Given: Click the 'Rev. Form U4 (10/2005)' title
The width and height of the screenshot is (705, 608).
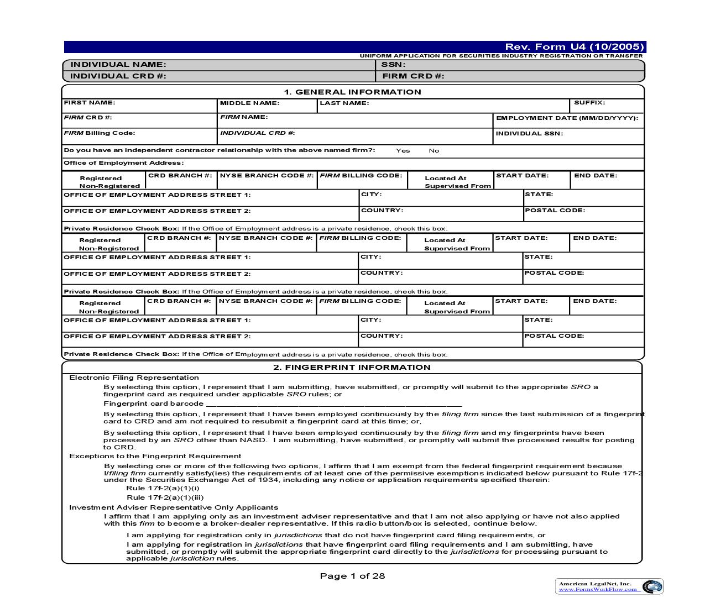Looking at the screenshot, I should click(x=575, y=47).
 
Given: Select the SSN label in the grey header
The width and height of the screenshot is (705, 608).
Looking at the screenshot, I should click(x=394, y=65).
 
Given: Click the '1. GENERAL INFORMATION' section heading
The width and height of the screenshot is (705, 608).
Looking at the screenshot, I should click(x=352, y=92).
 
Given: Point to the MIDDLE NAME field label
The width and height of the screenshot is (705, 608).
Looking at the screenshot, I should click(x=249, y=103).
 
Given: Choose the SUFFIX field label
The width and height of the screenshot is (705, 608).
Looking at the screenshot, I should click(x=589, y=103).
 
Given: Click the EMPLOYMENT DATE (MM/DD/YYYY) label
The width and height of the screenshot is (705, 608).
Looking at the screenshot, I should click(x=567, y=118).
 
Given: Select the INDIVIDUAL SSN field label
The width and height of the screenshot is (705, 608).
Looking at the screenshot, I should click(x=529, y=134).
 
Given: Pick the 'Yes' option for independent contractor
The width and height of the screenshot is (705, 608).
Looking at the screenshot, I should click(x=403, y=150).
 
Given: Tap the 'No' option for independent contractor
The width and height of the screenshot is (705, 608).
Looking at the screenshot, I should click(x=434, y=150).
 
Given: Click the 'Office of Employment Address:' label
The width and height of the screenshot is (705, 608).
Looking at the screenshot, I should click(x=123, y=163).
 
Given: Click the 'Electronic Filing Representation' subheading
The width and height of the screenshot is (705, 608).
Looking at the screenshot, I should click(x=134, y=378).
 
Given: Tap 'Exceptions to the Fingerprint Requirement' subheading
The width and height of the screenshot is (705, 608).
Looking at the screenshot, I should click(x=155, y=457).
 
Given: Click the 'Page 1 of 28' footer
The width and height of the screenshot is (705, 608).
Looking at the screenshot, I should click(x=352, y=576).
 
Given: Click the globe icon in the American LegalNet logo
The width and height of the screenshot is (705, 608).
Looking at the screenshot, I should click(x=652, y=586).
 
